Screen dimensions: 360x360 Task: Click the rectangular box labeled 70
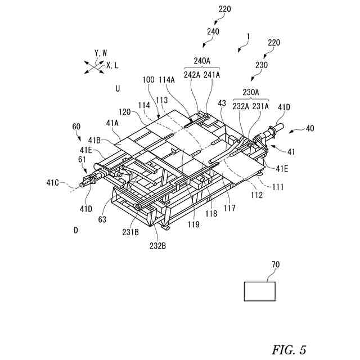click(x=259, y=291)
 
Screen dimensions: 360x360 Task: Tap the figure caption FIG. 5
click(x=289, y=350)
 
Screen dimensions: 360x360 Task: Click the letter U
click(x=118, y=88)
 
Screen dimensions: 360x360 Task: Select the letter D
click(x=75, y=229)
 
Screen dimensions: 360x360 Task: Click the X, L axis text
click(x=112, y=65)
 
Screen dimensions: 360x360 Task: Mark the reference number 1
click(x=247, y=37)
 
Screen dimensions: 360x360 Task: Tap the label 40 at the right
click(x=310, y=128)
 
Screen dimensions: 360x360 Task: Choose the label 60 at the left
click(x=76, y=127)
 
